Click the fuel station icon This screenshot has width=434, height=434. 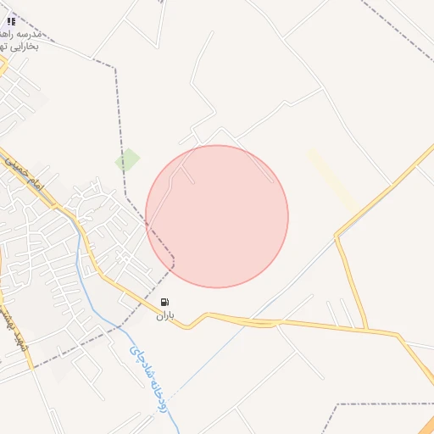[164, 302]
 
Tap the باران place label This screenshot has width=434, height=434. [164, 315]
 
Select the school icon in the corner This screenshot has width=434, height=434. [11, 21]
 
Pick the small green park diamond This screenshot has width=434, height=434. [127, 159]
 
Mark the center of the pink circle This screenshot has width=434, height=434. [217, 216]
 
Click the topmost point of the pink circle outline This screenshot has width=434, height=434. [217, 145]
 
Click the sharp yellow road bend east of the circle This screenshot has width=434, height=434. [337, 236]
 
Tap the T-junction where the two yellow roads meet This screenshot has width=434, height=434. [366, 329]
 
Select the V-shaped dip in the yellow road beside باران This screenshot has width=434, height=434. [188, 326]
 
